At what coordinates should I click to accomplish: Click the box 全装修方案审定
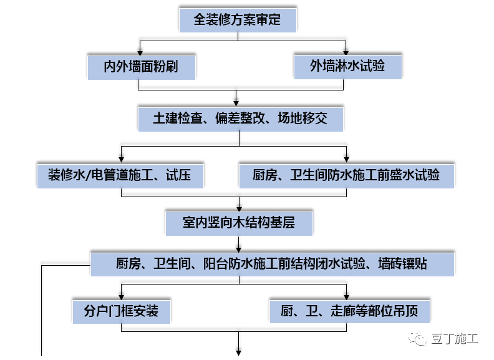pyautogui.click(x=238, y=20)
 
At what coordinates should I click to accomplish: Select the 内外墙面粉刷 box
pyautogui.click(x=141, y=66)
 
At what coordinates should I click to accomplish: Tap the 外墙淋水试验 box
pyautogui.click(x=347, y=66)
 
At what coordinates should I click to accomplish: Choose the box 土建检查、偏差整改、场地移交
pyautogui.click(x=240, y=119)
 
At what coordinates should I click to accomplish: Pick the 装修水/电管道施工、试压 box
pyautogui.click(x=120, y=175)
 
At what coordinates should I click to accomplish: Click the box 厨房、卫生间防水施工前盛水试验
pyautogui.click(x=346, y=175)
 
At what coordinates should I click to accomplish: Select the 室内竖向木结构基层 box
pyautogui.click(x=239, y=222)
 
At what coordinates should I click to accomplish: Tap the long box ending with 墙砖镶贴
pyautogui.click(x=272, y=263)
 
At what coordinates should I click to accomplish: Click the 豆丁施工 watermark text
pyautogui.click(x=455, y=339)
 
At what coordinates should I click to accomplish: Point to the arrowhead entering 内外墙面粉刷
pyautogui.click(x=141, y=52)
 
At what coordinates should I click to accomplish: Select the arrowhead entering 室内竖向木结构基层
pyautogui.click(x=239, y=207)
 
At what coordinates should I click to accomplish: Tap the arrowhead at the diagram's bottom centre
pyautogui.click(x=239, y=353)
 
